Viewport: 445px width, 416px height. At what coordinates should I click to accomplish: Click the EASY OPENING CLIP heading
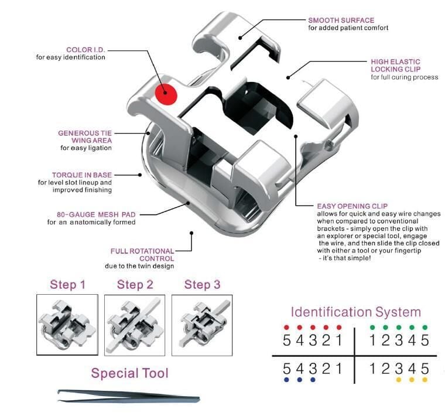351,206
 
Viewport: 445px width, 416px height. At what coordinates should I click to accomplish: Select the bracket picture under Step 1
67,325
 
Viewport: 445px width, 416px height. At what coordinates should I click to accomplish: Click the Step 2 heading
135,285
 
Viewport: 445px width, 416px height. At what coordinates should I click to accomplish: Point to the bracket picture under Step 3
202,325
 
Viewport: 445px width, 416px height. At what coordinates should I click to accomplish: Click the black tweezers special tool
129,396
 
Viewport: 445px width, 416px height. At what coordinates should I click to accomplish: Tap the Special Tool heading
129,373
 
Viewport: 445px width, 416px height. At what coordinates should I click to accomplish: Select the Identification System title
355,312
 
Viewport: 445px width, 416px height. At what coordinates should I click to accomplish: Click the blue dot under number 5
286,379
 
